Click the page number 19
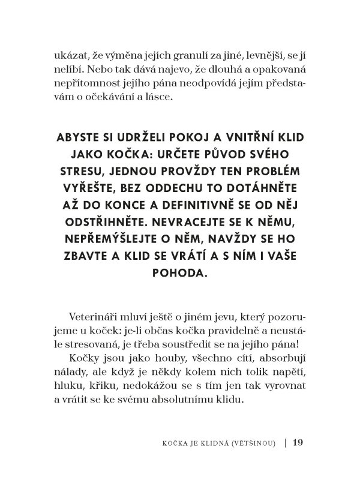(299, 443)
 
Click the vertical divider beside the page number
(284, 443)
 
